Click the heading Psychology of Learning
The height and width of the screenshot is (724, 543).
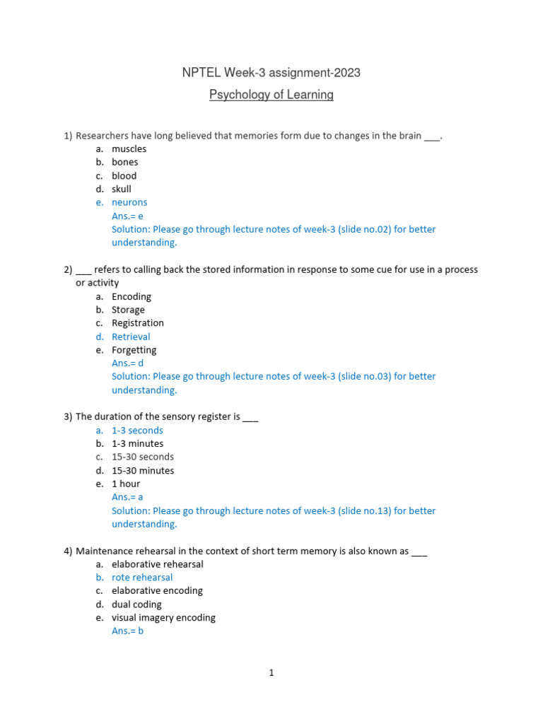pos(271,95)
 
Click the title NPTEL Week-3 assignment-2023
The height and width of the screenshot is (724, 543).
pos(271,73)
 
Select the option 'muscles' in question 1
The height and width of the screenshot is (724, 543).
pos(129,148)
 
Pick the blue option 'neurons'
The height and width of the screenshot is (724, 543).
pos(129,202)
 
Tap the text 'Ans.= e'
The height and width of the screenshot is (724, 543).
pos(127,216)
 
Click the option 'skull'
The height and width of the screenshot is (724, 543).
pos(121,189)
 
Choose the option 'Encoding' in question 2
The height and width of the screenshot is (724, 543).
pos(131,296)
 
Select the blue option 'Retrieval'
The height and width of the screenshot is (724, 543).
pos(131,337)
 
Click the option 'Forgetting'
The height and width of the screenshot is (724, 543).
pos(134,350)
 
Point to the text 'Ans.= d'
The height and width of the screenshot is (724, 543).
pos(127,363)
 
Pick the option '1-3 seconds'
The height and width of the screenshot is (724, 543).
pos(137,430)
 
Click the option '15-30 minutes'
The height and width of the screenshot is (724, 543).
pos(142,470)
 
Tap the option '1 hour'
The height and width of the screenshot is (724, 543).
pos(126,484)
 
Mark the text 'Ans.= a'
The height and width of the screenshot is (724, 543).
pos(127,497)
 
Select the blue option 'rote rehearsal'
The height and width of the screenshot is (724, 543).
pos(142,577)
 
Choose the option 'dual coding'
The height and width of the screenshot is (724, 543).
pos(136,605)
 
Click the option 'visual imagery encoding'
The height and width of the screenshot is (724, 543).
pos(163,617)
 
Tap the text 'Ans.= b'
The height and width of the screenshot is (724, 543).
pos(127,631)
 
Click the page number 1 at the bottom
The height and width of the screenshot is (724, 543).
pos(271,673)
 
